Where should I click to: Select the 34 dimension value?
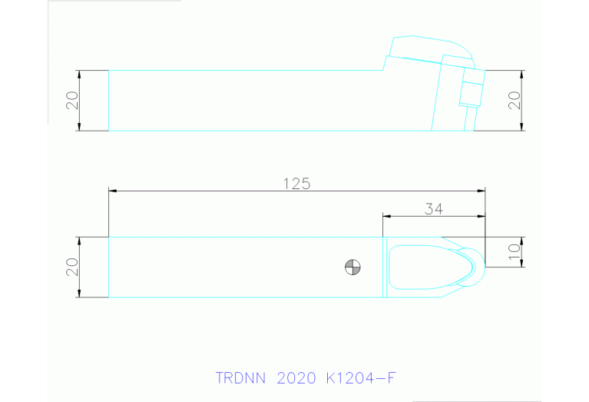(x=434, y=208)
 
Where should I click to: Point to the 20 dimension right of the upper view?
(x=515, y=100)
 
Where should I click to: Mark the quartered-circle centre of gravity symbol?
(x=353, y=267)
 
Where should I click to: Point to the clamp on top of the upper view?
(x=430, y=49)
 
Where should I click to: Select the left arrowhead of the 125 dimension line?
(x=112, y=190)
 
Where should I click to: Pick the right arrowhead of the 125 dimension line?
(x=482, y=190)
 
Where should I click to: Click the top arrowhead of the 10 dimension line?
(x=522, y=240)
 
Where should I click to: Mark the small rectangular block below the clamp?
(x=470, y=93)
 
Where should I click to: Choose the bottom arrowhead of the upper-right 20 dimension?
(x=522, y=128)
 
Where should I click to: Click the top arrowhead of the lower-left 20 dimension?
(x=80, y=240)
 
